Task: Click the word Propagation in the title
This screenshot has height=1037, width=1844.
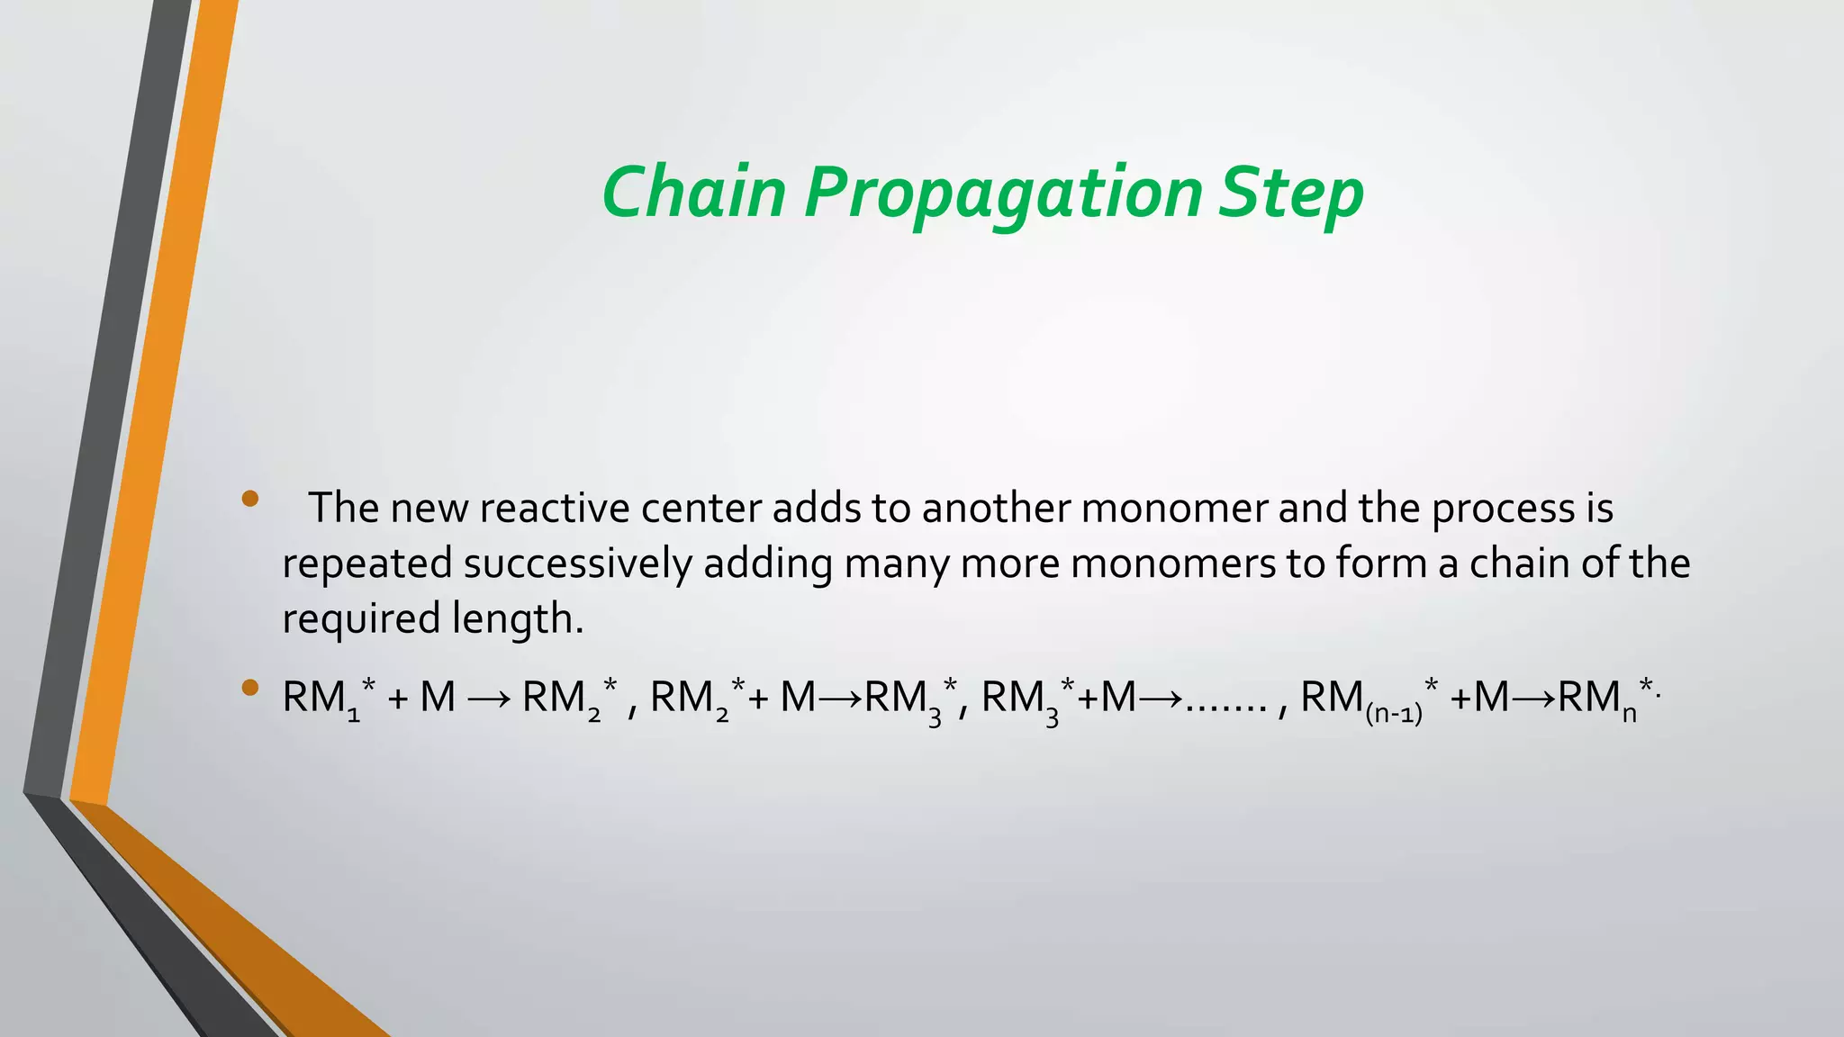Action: (x=1003, y=194)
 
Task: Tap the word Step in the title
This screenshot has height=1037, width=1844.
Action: (x=1291, y=194)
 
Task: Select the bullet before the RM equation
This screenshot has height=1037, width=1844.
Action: (x=250, y=690)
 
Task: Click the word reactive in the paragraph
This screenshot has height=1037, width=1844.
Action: (x=556, y=509)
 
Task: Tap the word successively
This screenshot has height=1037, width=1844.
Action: (x=577, y=564)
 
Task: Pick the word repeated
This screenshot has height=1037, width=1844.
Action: (x=367, y=564)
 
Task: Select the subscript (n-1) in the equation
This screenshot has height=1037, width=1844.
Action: (x=1393, y=716)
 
